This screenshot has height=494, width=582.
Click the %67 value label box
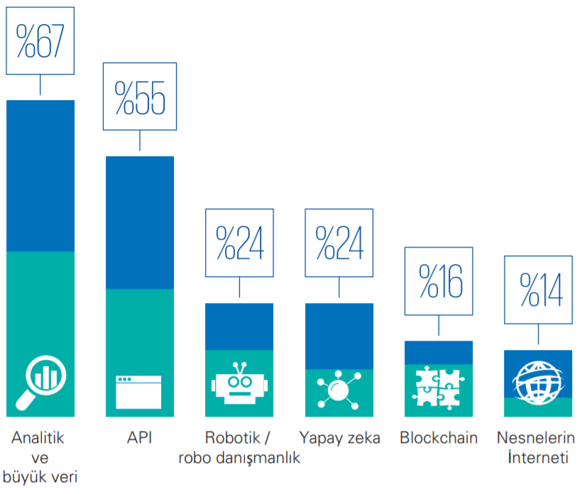(40, 40)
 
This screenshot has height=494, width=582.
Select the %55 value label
(140, 97)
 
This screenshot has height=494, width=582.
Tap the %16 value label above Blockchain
(439, 281)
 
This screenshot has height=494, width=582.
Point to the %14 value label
(538, 290)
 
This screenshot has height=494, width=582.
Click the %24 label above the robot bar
(239, 243)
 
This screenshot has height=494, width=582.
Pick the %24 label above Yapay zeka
(339, 243)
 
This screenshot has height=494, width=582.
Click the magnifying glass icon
(41, 383)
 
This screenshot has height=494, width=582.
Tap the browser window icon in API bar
(138, 392)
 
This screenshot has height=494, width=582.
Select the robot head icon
(239, 383)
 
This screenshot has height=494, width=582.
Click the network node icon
(339, 390)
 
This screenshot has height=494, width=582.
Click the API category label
(140, 438)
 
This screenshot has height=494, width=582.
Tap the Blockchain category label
(439, 438)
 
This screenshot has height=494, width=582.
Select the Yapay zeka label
(340, 439)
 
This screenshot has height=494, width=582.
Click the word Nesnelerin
(536, 438)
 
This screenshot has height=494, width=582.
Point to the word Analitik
(38, 438)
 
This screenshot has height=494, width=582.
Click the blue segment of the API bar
(140, 222)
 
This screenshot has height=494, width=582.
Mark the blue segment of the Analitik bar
(40, 175)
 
